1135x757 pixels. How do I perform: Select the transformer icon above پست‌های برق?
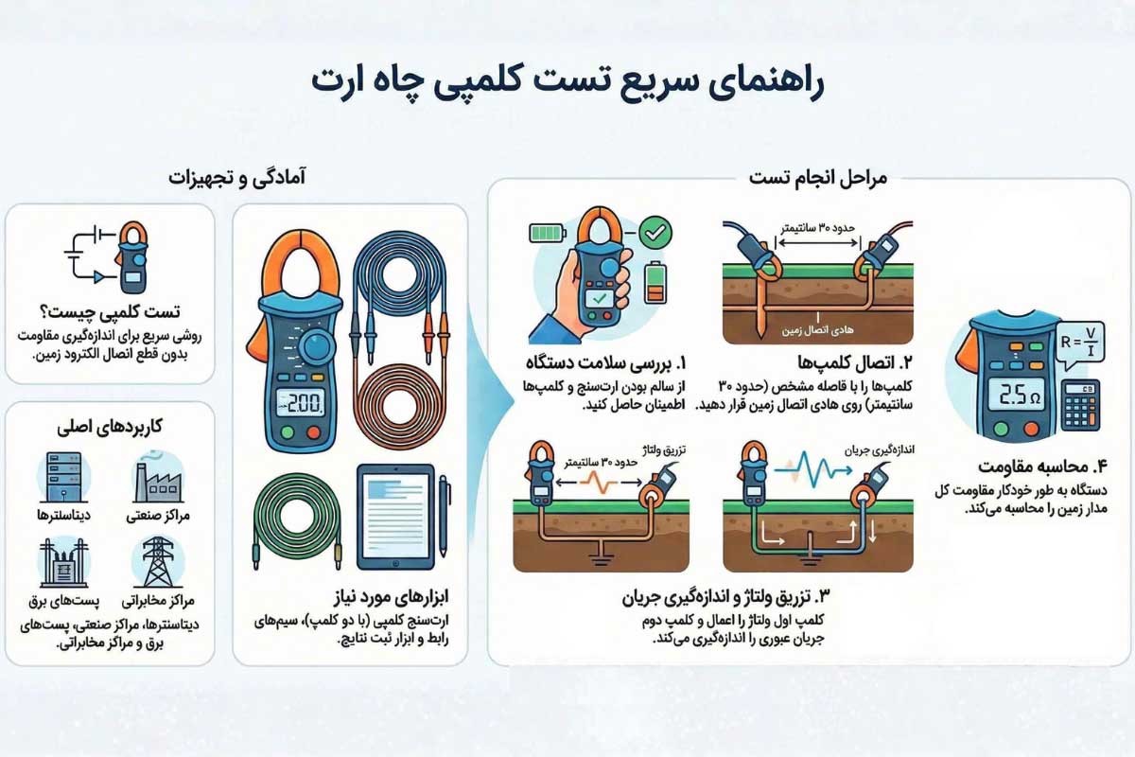pyautogui.click(x=62, y=564)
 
